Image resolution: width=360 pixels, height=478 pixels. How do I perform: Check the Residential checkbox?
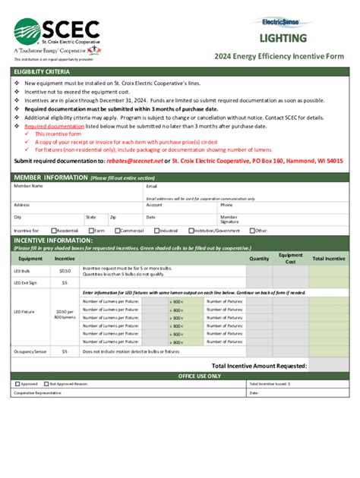point(54,230)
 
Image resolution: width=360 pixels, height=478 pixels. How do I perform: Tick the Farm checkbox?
point(90,230)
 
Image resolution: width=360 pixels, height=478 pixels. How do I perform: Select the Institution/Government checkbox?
point(191,230)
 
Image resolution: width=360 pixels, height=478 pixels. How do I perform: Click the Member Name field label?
point(28,186)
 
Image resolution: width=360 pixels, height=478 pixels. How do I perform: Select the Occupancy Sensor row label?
point(30,352)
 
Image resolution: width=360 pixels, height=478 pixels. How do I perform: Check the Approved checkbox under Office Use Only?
point(17,384)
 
